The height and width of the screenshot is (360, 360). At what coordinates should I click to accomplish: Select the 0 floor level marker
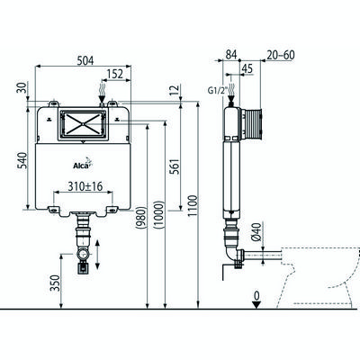point(258,297)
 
